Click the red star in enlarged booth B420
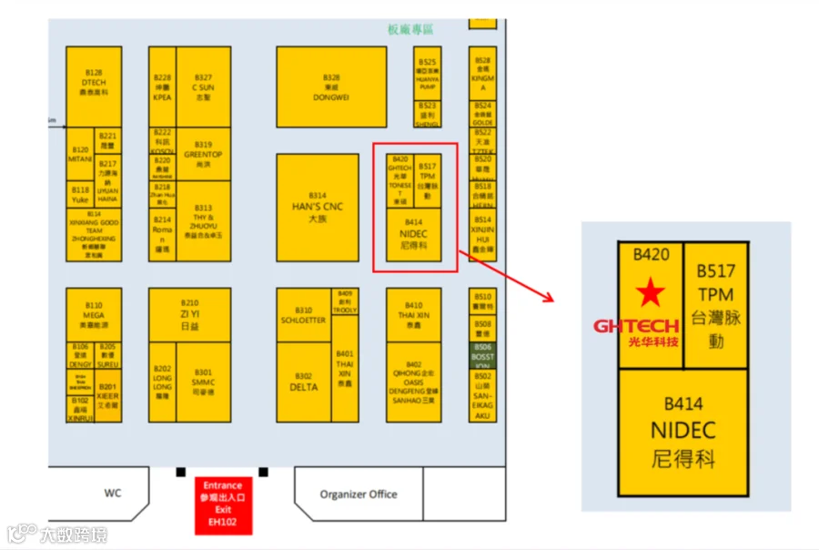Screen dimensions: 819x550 click(x=650, y=292)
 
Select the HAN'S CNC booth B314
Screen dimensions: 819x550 click(x=317, y=208)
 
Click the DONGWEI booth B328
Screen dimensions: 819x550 click(x=331, y=87)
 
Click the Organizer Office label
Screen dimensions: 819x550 click(x=359, y=494)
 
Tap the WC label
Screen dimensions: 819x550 click(x=113, y=493)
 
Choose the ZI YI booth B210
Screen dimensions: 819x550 click(x=189, y=314)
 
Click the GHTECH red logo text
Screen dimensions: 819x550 click(x=636, y=325)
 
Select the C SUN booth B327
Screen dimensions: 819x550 click(x=203, y=87)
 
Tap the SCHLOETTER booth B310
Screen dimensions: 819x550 click(x=303, y=315)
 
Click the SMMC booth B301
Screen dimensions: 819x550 click(x=203, y=382)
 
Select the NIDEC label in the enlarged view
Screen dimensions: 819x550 click(x=683, y=430)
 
